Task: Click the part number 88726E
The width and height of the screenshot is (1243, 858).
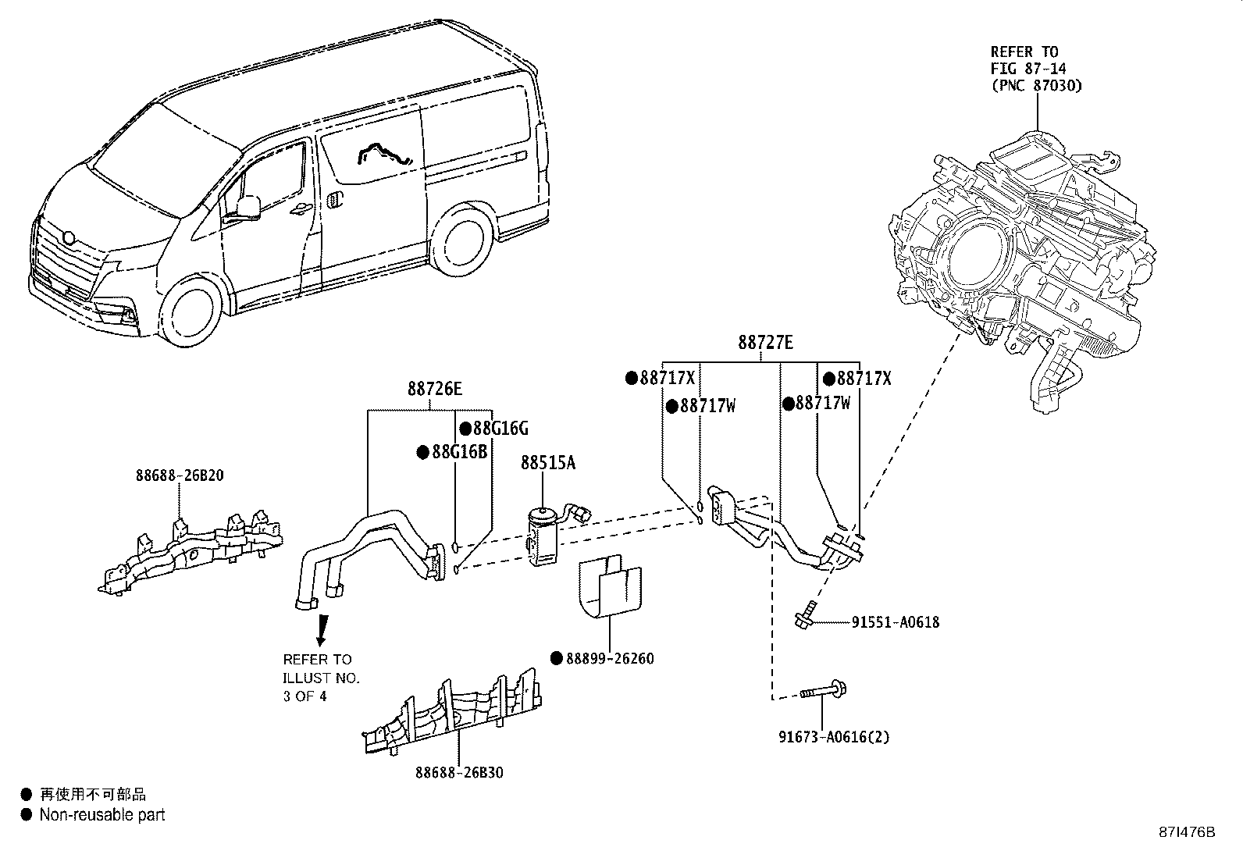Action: [434, 388]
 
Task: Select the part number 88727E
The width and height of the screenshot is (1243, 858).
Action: [765, 342]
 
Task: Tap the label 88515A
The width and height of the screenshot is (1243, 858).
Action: [548, 463]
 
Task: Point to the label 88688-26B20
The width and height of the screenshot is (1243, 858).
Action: [180, 475]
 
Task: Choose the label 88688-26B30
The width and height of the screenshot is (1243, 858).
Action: [459, 772]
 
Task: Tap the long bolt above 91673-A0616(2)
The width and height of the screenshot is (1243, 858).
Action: [824, 690]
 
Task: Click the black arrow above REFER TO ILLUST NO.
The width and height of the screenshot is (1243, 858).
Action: [321, 629]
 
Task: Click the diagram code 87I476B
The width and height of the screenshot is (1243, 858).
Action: [1188, 832]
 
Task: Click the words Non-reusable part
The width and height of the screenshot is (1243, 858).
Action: [102, 814]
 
